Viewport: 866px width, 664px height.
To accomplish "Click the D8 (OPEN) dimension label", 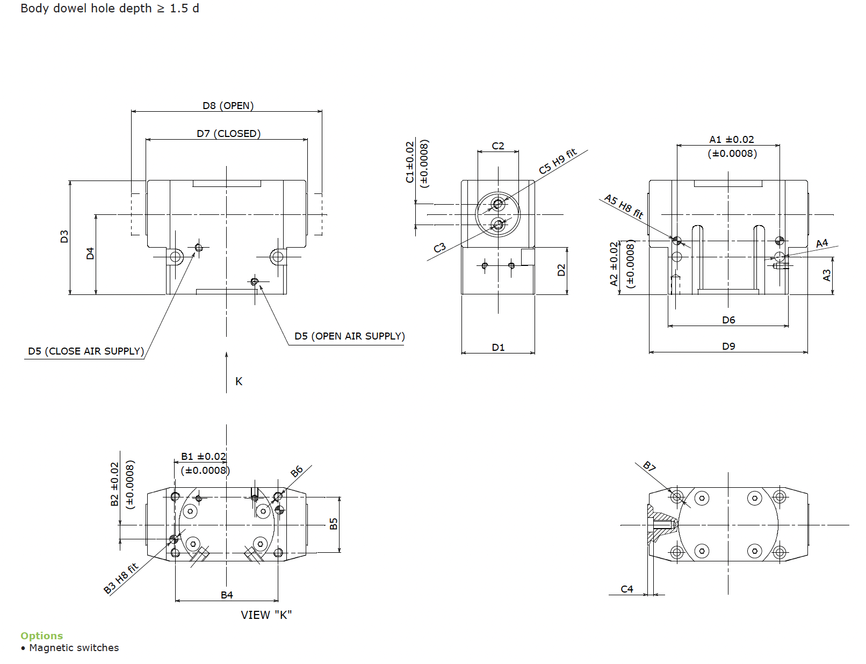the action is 228,105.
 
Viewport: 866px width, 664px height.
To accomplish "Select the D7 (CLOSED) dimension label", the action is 228,133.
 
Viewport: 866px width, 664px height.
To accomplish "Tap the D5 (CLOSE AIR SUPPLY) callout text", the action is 85,351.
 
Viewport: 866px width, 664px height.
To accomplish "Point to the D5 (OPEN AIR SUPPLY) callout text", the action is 350,336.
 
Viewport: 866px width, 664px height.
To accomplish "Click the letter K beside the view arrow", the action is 239,381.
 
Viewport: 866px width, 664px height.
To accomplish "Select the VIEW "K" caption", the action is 266,615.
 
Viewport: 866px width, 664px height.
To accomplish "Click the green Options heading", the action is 42,636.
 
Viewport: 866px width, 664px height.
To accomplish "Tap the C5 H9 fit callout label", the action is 558,161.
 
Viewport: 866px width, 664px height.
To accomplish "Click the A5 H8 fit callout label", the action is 624,206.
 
